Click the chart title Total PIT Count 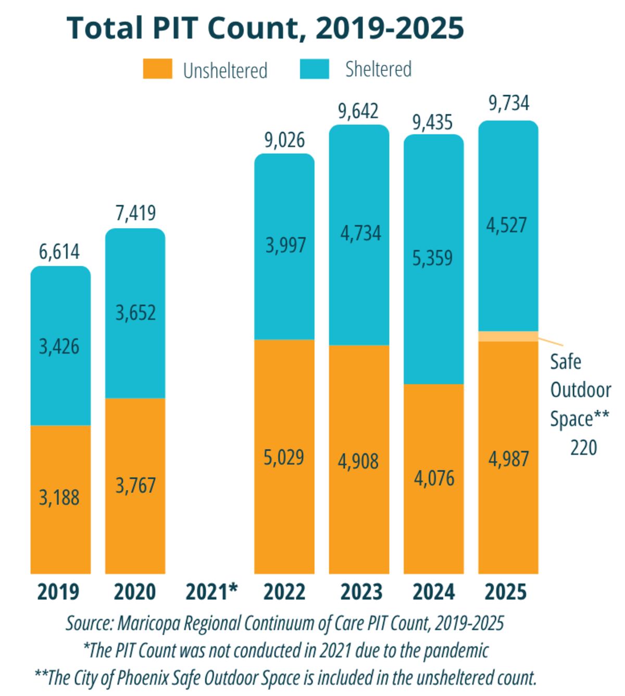click(x=265, y=28)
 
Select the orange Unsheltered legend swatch click(x=157, y=69)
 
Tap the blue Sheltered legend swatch click(x=314, y=69)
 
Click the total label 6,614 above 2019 click(x=59, y=252)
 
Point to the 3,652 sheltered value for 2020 click(x=135, y=313)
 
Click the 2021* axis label click(x=211, y=592)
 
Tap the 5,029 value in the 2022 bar click(x=284, y=458)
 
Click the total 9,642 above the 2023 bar click(x=358, y=111)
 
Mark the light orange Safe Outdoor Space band click(x=508, y=336)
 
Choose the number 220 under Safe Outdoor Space click(x=583, y=448)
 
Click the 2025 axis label click(x=506, y=592)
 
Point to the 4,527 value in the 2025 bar click(x=507, y=225)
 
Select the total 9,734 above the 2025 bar click(x=508, y=103)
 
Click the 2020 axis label click(x=135, y=592)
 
